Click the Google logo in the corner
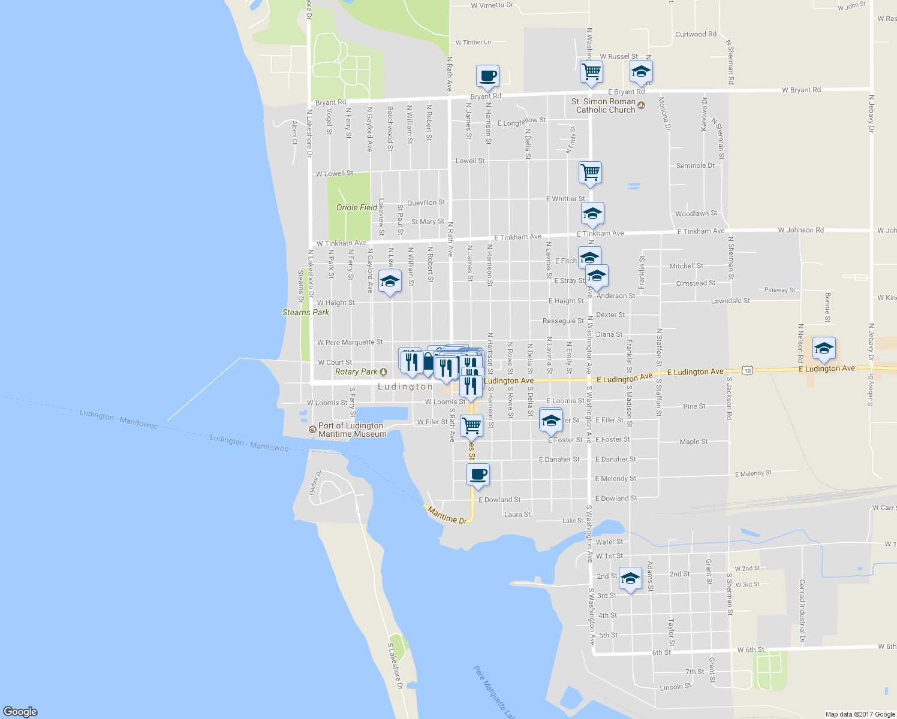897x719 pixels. click(x=20, y=711)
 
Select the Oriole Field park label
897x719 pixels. click(x=357, y=207)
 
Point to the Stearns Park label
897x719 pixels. click(x=306, y=312)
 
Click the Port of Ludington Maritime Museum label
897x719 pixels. click(x=352, y=430)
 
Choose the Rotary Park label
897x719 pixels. click(x=356, y=371)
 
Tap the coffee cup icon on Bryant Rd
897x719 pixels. click(x=487, y=77)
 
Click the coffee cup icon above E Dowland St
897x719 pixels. click(x=478, y=475)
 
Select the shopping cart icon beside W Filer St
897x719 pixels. click(x=471, y=425)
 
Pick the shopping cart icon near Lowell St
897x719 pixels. click(x=591, y=173)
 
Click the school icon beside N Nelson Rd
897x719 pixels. click(x=824, y=348)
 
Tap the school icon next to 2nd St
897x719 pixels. click(x=630, y=578)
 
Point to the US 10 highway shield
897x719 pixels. click(x=747, y=370)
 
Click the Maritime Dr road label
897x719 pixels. click(x=447, y=515)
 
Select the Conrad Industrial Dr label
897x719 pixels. click(x=802, y=611)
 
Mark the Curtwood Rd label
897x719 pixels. click(x=696, y=34)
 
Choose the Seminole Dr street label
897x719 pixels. click(x=695, y=165)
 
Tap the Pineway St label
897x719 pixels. click(x=779, y=290)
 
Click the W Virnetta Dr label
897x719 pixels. click(x=492, y=5)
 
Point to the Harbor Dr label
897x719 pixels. click(x=315, y=483)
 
